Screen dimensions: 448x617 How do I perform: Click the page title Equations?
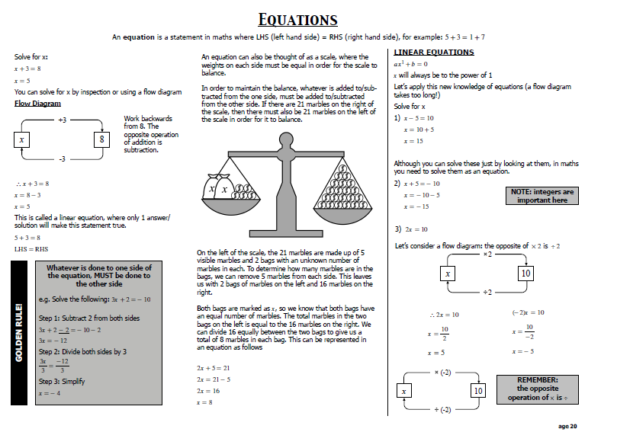tap(298, 19)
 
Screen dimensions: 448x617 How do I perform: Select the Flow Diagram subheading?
tap(37, 103)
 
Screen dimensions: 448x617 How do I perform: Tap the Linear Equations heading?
tap(433, 52)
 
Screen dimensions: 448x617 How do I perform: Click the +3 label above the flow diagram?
tap(63, 120)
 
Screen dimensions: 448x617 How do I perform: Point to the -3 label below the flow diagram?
tap(63, 159)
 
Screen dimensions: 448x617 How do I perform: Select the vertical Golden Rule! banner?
tap(21, 332)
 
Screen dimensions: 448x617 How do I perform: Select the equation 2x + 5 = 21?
tap(214, 367)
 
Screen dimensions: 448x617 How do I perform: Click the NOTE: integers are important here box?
tap(542, 196)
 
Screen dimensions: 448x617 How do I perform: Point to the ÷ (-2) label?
tap(443, 409)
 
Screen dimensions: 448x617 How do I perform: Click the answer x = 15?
tap(414, 141)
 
